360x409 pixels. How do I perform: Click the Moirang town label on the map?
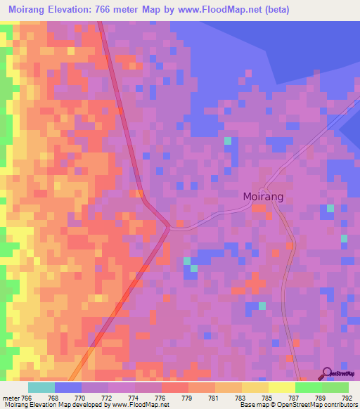click(264, 197)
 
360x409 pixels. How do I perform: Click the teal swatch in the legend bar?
click(41, 387)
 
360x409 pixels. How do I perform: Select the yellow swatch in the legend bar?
click(281, 387)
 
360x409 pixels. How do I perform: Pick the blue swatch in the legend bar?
click(68, 387)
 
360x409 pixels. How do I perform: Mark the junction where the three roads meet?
click(169, 226)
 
